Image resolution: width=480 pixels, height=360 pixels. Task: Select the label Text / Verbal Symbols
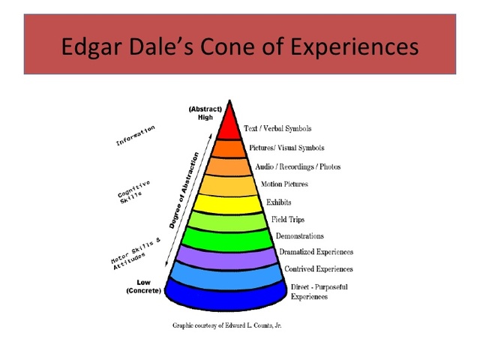tap(277, 129)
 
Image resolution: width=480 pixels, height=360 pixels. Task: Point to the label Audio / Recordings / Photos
tap(298, 166)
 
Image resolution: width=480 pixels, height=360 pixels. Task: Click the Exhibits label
tap(279, 202)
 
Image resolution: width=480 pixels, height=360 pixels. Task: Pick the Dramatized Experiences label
tap(316, 253)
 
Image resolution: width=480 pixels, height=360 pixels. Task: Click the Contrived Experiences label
tap(319, 269)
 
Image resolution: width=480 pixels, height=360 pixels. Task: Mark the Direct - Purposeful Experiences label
tap(319, 292)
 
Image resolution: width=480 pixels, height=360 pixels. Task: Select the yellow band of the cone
tap(229, 202)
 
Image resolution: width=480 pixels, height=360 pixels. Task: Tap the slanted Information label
tap(136, 136)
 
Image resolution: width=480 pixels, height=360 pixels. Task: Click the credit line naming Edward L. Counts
tap(227, 325)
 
